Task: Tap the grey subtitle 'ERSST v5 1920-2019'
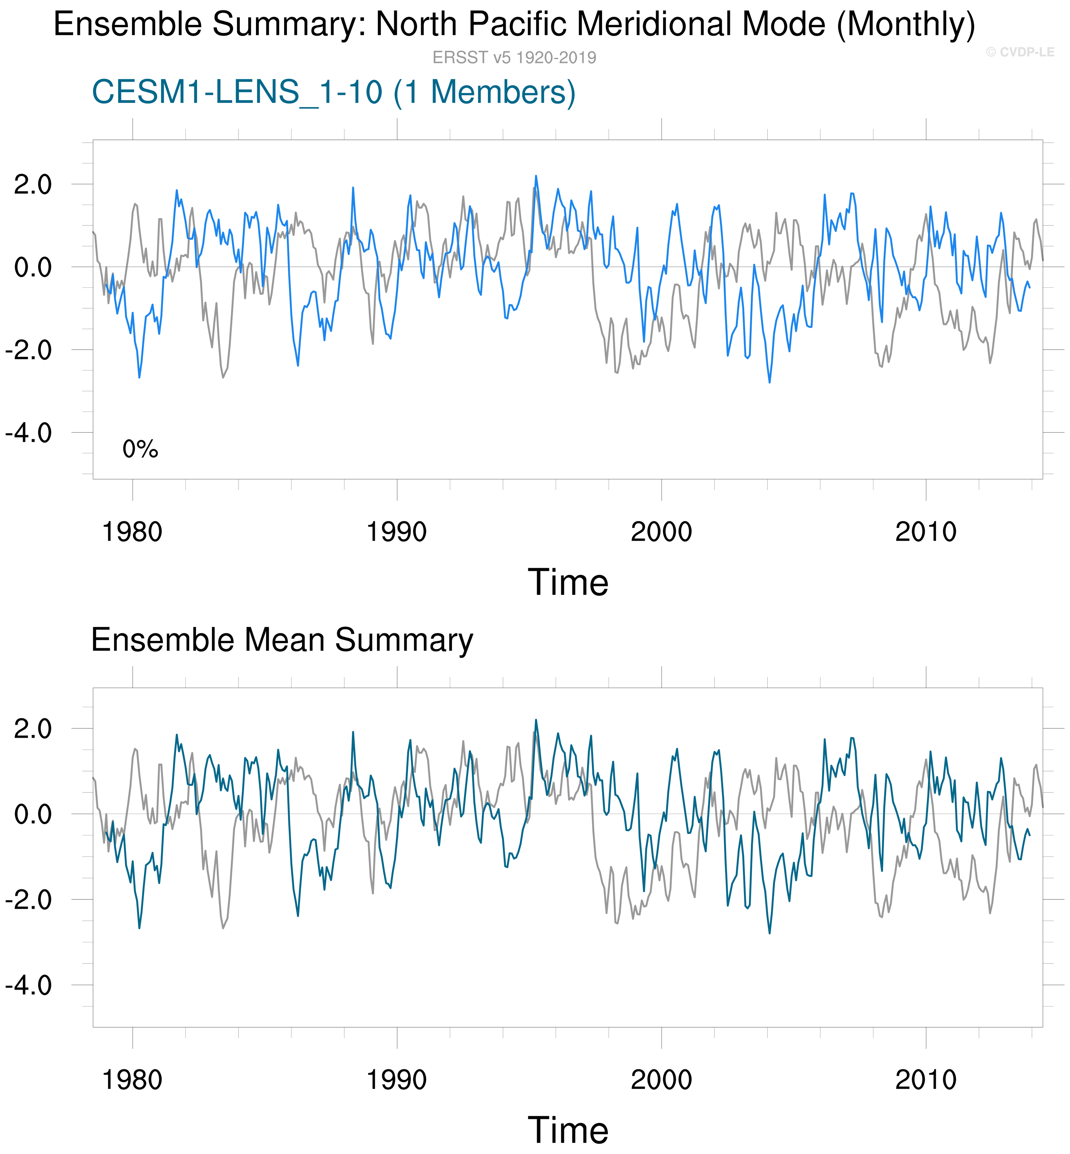tap(514, 57)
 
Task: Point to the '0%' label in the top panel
tap(140, 449)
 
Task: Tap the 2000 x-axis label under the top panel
tap(661, 532)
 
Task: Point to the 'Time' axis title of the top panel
tap(568, 582)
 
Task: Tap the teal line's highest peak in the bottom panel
tap(535, 720)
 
